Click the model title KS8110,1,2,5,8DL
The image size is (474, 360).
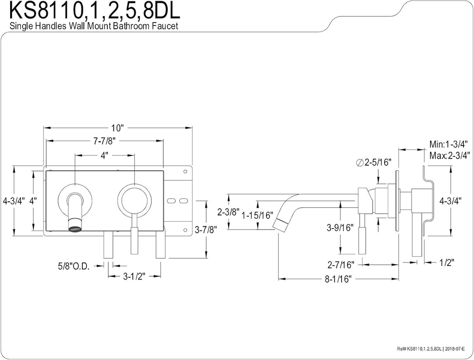pos(94,11)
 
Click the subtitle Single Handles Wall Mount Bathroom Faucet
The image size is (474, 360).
pos(94,26)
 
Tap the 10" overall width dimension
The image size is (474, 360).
pos(118,128)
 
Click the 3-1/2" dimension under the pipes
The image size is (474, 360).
pos(134,277)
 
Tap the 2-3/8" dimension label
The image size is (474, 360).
pos(228,212)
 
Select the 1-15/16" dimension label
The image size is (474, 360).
pos(257,216)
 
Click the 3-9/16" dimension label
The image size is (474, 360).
pos(340,228)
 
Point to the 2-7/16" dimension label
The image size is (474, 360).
pos(340,265)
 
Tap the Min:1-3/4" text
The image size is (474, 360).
pos(449,143)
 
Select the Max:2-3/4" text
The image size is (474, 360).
pos(449,155)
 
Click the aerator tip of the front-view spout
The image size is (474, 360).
pos(74,228)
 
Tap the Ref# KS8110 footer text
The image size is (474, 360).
pos(423,348)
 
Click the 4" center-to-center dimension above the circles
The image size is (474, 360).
pos(104,156)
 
